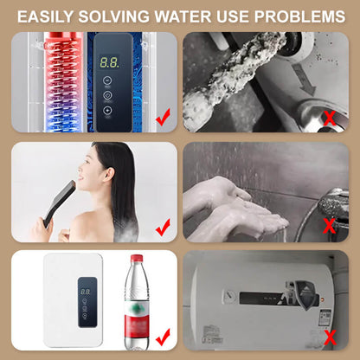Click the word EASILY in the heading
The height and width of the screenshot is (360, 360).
(x=55, y=16)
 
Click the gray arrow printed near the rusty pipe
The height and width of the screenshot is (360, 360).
(x=305, y=86)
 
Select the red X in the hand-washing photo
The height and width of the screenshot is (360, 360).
(x=330, y=228)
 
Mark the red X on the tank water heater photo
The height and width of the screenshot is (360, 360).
(x=330, y=337)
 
